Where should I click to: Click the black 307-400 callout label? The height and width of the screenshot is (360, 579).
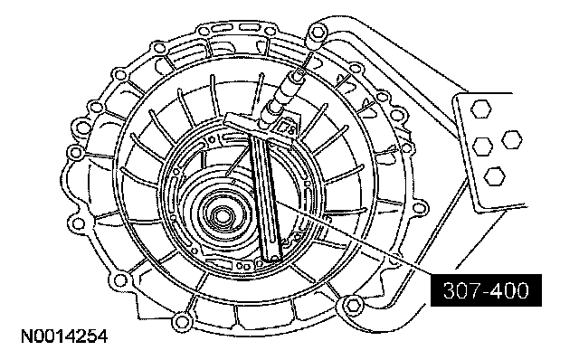pos(486,290)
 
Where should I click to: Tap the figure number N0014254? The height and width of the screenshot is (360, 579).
pos(64,336)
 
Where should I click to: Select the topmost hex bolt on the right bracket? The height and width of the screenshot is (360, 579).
pos(480,109)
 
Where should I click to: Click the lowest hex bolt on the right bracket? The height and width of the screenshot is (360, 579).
pos(494,176)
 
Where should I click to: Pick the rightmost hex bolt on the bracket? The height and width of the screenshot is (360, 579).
pos(512,139)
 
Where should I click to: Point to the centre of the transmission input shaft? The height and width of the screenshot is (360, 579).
pos(222,216)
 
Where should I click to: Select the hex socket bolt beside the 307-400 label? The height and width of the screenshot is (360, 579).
pos(354,305)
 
